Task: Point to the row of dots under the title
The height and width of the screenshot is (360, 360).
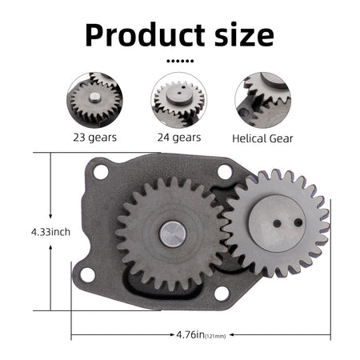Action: point(179,60)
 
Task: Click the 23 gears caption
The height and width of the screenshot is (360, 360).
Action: point(94,137)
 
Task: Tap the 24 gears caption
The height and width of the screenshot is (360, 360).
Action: point(179,137)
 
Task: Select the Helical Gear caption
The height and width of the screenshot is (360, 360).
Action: point(263,138)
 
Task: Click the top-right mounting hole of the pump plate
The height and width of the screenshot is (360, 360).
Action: point(223,170)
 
